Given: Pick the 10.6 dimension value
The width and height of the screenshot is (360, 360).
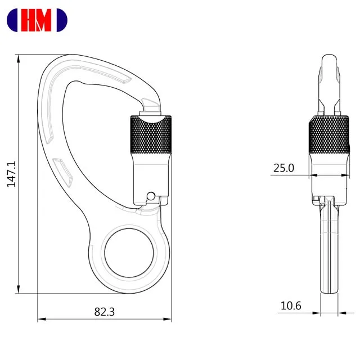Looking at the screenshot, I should pos(291,305).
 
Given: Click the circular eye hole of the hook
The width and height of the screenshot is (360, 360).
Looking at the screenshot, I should pos(129,253).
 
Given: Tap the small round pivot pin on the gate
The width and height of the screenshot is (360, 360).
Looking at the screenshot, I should pos(150,196).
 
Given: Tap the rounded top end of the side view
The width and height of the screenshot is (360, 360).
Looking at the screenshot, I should pos(328,58).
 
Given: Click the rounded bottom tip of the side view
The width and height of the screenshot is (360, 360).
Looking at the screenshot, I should pos(329,291).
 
